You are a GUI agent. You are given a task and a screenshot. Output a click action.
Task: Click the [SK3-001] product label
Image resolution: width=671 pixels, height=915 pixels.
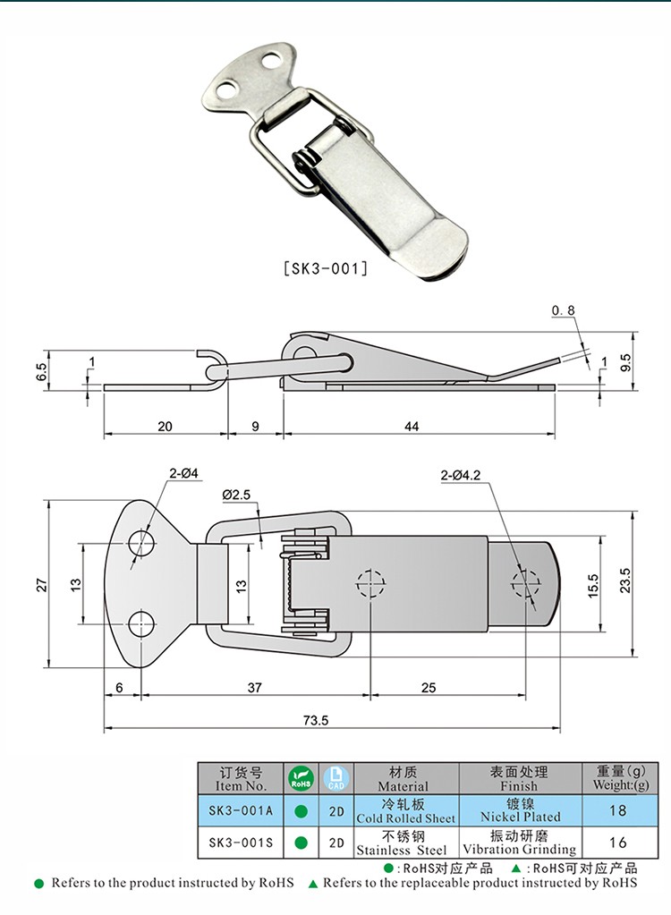click(326, 268)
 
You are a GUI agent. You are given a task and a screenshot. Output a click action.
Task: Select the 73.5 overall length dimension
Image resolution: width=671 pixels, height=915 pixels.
click(316, 720)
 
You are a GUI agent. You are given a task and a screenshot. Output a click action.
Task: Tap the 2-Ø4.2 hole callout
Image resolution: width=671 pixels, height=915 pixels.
click(461, 476)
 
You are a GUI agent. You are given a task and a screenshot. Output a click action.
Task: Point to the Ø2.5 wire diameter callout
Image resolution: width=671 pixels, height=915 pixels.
click(235, 495)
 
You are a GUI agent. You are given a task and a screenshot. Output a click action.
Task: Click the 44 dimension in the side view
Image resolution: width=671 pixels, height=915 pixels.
click(412, 427)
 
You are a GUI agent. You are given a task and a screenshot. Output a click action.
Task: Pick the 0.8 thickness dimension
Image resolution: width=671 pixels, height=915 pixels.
click(563, 311)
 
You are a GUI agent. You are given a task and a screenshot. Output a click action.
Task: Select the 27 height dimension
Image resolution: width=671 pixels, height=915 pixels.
click(42, 585)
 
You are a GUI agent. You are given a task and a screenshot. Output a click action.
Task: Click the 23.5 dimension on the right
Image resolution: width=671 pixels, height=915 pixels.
click(624, 580)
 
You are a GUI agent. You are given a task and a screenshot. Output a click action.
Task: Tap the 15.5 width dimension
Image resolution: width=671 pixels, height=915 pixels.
click(593, 585)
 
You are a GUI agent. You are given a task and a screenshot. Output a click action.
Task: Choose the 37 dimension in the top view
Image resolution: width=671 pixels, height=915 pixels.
click(254, 688)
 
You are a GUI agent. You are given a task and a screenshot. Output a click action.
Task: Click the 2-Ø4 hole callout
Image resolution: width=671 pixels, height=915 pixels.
click(183, 473)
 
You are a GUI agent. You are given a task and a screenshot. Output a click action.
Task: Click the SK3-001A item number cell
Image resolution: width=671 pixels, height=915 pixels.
click(241, 810)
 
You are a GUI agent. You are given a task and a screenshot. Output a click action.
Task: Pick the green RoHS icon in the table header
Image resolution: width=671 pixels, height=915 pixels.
click(302, 778)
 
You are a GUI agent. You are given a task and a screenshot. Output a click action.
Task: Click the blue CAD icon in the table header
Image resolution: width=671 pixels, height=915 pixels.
click(336, 778)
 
